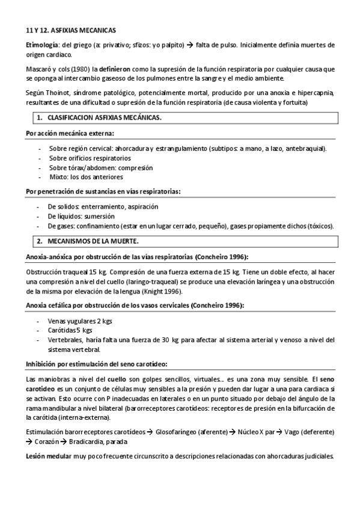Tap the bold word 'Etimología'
(x=42, y=45)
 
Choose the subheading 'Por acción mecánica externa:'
(x=70, y=132)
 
